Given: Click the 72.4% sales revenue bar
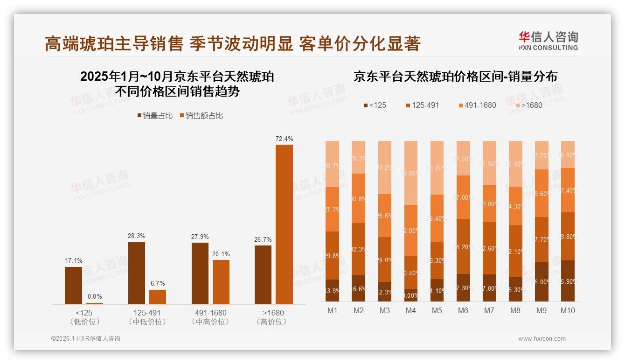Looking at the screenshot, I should (x=284, y=224).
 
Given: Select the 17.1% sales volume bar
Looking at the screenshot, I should (x=73, y=285).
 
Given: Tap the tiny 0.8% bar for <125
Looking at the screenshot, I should (x=95, y=303).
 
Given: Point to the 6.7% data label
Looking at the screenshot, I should (x=158, y=283).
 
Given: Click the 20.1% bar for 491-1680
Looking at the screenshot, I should (x=221, y=282).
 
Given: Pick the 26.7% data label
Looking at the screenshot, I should (x=264, y=239).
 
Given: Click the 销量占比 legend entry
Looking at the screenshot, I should (x=154, y=116).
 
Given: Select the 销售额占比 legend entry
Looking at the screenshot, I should (x=201, y=116).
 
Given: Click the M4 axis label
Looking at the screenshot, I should (x=411, y=310).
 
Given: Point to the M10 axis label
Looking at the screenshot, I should (x=568, y=310).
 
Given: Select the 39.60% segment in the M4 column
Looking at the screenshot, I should (x=411, y=173).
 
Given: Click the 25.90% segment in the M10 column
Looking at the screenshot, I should (x=568, y=281).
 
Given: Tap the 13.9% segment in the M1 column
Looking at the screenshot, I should (x=333, y=290).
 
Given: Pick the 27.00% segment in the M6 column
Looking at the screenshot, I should (x=463, y=197).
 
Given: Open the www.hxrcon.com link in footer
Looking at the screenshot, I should (x=542, y=339).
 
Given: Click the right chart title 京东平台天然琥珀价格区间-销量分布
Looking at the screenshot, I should (x=455, y=77).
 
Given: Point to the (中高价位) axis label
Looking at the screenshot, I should (x=210, y=322).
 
